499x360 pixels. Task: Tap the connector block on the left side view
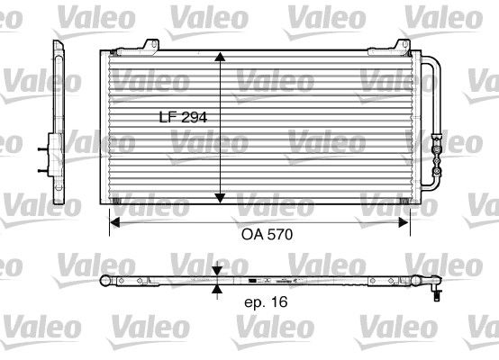coord(44,152)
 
